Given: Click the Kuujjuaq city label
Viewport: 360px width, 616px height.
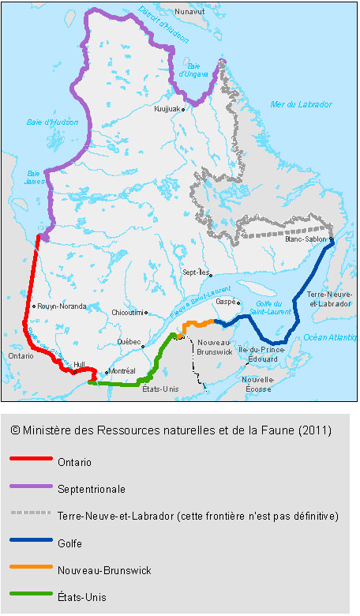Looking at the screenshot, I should [168, 109].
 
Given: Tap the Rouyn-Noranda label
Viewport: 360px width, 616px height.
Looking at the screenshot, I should [61, 306].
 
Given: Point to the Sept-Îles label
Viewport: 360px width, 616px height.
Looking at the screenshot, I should [196, 271].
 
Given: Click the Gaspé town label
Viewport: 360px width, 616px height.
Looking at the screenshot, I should [226, 302].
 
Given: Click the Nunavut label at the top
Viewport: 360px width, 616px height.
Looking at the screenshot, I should [189, 12].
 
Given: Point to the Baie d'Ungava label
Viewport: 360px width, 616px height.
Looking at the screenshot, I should [193, 69].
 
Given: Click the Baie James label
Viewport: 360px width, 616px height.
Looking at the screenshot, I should [34, 177].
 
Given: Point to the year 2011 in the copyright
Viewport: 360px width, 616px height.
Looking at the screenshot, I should [314, 430].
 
